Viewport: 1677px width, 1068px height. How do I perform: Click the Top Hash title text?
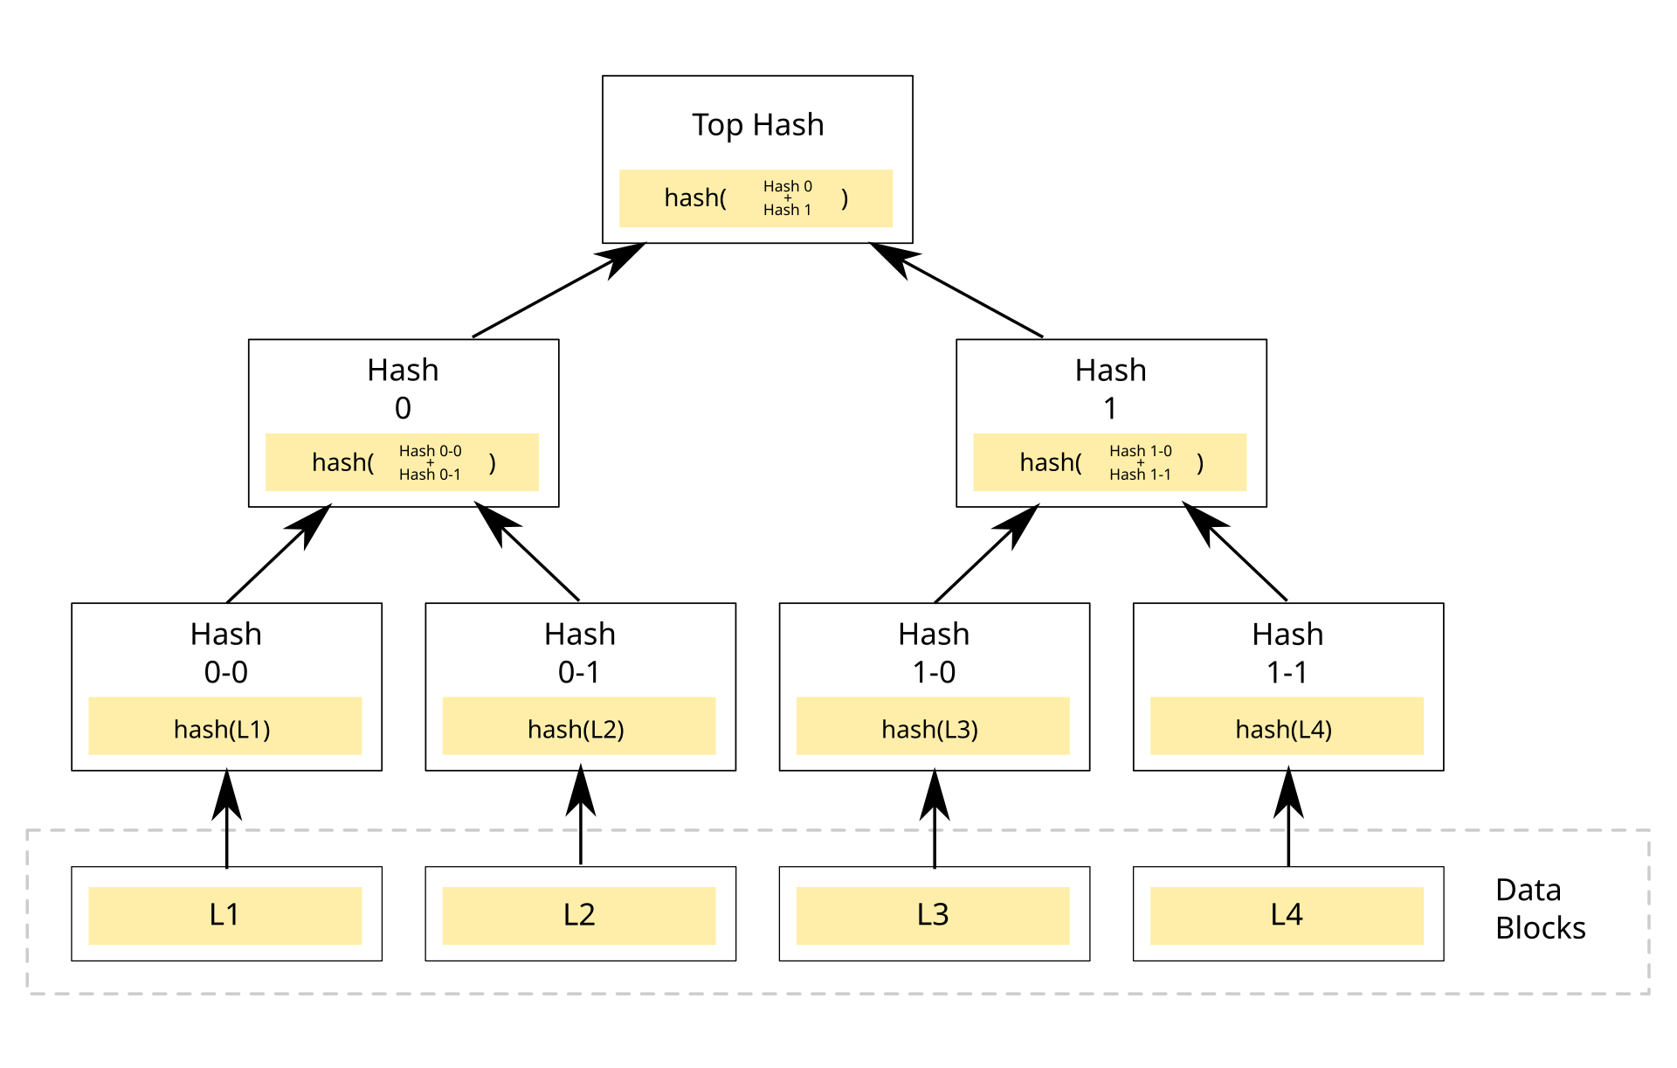pos(757,125)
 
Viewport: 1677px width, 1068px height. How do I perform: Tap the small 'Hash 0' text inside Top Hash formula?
pos(787,186)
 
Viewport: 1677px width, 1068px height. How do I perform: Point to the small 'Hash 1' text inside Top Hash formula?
pos(787,210)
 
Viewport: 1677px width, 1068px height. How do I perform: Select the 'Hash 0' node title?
pos(403,388)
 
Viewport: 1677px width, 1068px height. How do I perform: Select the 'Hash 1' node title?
pos(1110,388)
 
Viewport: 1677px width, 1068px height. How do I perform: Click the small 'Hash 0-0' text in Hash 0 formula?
pos(430,451)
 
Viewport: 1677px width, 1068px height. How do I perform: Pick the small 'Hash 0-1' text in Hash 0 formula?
pos(430,475)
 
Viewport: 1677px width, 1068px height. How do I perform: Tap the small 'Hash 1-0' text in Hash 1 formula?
pos(1140,451)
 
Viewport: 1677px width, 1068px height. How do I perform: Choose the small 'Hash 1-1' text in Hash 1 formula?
pos(1140,475)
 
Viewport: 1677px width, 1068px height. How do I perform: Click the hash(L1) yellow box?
pos(224,726)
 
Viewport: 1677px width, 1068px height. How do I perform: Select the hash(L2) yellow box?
pos(578,726)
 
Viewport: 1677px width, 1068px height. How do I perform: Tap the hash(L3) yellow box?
pos(932,726)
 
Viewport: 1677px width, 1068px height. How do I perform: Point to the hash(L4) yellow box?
pos(1286,726)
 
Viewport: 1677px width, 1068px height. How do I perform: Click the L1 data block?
pos(224,915)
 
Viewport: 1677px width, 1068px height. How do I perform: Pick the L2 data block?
pos(578,915)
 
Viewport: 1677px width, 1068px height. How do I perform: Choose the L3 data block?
pos(932,915)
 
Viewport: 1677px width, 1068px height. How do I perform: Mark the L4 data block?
pos(1286,915)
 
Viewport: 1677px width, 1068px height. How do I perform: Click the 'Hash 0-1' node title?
pos(579,652)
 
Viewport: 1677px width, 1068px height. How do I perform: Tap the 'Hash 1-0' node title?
pos(934,652)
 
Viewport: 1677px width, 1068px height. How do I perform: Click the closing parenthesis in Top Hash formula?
pos(844,198)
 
